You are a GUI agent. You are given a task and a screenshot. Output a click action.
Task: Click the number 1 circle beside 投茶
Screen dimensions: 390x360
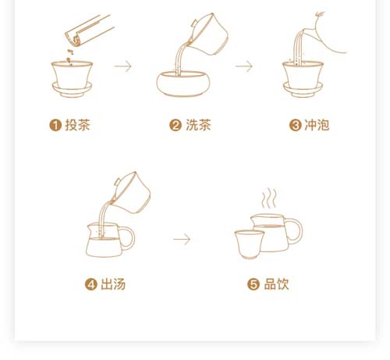pos(55,125)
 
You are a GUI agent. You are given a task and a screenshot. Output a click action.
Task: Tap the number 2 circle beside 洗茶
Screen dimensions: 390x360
pos(175,125)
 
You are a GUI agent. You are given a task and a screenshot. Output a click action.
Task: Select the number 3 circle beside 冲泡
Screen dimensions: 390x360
pos(296,125)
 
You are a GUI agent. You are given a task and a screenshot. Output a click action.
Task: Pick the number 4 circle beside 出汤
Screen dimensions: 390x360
pos(91,284)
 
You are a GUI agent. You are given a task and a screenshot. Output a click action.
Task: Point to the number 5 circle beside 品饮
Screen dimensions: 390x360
pos(253,284)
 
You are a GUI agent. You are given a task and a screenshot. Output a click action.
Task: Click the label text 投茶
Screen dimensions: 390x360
pos(77,125)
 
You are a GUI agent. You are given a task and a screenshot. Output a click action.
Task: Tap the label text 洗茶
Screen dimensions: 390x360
pos(198,125)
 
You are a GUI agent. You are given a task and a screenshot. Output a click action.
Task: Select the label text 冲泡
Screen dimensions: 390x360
pos(317,125)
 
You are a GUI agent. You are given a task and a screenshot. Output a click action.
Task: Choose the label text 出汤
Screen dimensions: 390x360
pos(113,284)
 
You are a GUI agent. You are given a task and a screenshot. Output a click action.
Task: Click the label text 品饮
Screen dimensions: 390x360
pos(276,284)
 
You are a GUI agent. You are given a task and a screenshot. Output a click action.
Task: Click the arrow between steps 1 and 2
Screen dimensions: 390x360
pos(123,66)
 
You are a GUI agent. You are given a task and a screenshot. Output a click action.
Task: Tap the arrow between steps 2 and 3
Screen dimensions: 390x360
pos(244,66)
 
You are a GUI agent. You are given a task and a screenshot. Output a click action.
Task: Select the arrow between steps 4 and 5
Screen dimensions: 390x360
pos(182,239)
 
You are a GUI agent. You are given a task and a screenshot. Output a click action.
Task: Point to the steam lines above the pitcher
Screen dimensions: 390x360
pos(269,198)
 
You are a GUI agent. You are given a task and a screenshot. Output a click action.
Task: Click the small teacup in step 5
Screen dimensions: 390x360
pos(250,244)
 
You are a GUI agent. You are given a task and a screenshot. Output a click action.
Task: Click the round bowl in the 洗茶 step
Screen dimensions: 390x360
pos(183,84)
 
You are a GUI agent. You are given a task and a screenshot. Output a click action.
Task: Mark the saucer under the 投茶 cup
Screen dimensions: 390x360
pos(72,91)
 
